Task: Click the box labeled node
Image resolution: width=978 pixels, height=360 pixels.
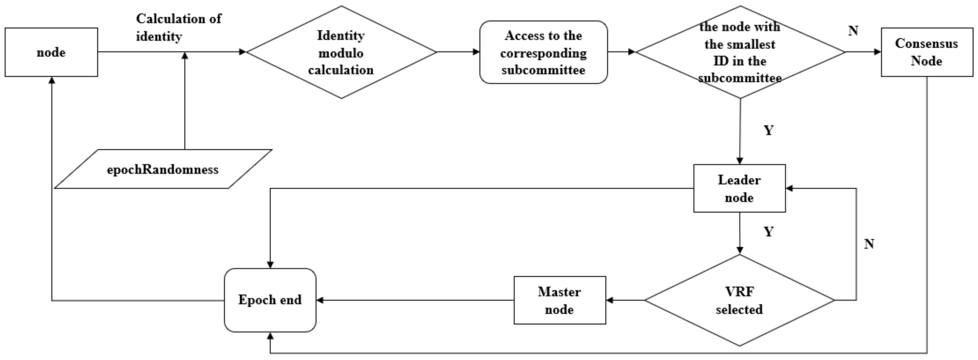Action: pos(51,52)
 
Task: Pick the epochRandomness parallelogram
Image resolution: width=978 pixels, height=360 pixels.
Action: pos(163,169)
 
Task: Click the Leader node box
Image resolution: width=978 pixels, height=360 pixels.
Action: pos(739,188)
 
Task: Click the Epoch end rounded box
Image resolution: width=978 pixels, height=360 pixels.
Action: pos(270,300)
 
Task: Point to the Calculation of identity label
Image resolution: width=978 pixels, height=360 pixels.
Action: pos(179,27)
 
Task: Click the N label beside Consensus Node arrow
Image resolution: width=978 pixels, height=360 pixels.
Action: pos(853,30)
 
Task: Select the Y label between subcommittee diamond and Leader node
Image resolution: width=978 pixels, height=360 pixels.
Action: pos(768,130)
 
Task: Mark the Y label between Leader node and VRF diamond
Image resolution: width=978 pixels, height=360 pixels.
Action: pos(768,231)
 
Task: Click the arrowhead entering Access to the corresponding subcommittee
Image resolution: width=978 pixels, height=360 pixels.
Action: pos(476,52)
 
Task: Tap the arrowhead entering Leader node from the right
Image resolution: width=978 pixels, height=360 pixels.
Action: pos(789,188)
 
